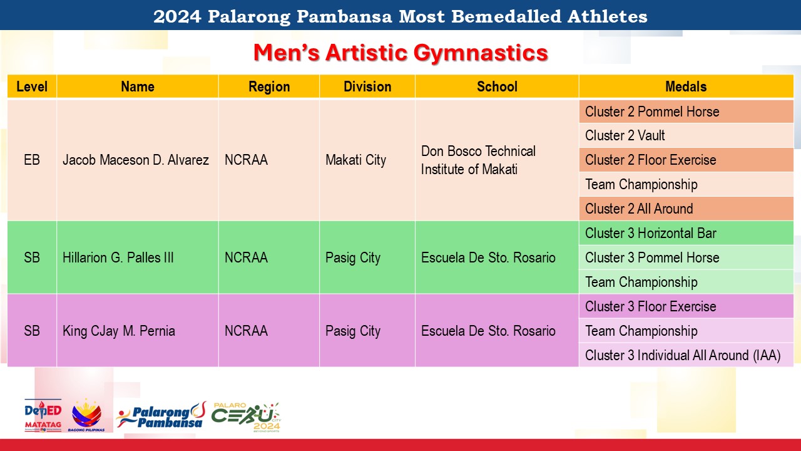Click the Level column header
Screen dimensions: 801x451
32,86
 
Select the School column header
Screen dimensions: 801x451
497,86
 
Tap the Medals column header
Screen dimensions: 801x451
686,86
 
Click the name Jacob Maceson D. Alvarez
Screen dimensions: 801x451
136,160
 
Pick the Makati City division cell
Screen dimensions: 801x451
356,160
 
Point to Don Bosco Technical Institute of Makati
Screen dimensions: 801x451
478,160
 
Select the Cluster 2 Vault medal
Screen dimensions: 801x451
625,136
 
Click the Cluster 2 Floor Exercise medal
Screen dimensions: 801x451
650,160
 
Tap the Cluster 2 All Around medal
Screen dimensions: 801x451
639,209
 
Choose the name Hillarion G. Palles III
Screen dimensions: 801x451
118,257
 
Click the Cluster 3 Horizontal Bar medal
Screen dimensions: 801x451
650,234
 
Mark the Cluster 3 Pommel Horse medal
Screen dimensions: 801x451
652,257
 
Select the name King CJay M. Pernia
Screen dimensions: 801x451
119,331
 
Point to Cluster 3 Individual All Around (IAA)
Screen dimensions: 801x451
683,355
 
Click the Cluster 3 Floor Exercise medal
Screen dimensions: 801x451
650,307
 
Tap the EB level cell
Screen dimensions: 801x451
32,160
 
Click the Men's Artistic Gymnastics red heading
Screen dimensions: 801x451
400,53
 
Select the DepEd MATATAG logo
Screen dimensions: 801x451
43,415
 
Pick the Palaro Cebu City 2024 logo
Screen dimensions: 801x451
247,417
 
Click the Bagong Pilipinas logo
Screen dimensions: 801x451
86,415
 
